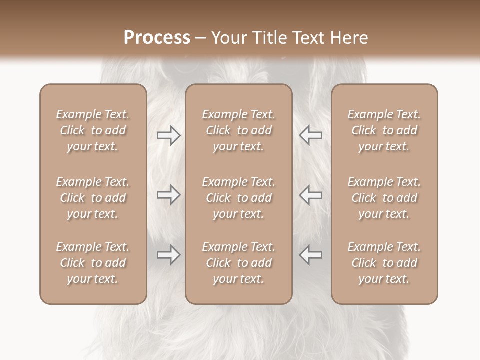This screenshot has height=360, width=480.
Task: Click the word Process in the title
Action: (157, 38)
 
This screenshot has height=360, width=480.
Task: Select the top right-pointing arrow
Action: (168, 135)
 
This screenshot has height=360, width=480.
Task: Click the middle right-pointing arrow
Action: (168, 195)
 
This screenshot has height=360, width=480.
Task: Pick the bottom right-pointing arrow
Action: (168, 255)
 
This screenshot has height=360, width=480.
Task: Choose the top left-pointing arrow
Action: (310, 135)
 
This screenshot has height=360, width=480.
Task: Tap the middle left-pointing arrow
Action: (310, 195)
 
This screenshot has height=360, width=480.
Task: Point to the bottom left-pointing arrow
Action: (310, 255)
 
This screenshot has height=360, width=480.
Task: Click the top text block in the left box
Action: (93, 130)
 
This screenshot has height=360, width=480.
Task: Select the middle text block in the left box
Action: (93, 198)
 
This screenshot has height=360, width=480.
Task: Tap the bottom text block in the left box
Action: (93, 263)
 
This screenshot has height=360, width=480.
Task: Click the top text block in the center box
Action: (238, 130)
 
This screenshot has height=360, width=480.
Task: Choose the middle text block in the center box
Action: (238, 198)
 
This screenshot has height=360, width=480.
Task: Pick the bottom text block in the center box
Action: (238, 263)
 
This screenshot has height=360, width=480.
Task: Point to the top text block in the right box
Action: (384, 130)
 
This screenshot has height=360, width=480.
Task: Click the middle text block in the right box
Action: (384, 198)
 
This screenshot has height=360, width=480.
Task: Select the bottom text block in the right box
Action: (384, 263)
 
